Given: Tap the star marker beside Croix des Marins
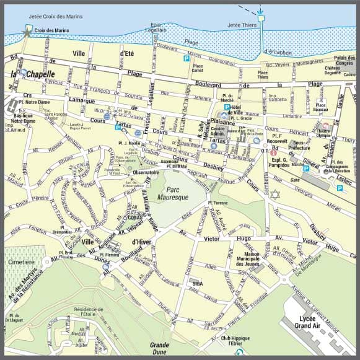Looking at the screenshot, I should [x=27, y=29].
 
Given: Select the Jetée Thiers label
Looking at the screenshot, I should [x=242, y=25].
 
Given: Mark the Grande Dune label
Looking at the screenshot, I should [x=159, y=348].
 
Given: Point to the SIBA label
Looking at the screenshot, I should [x=198, y=283].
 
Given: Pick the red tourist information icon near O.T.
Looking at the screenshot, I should [x=273, y=152].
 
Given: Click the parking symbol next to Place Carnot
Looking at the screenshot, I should [x=186, y=59].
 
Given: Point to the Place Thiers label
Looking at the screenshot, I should [x=263, y=74].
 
